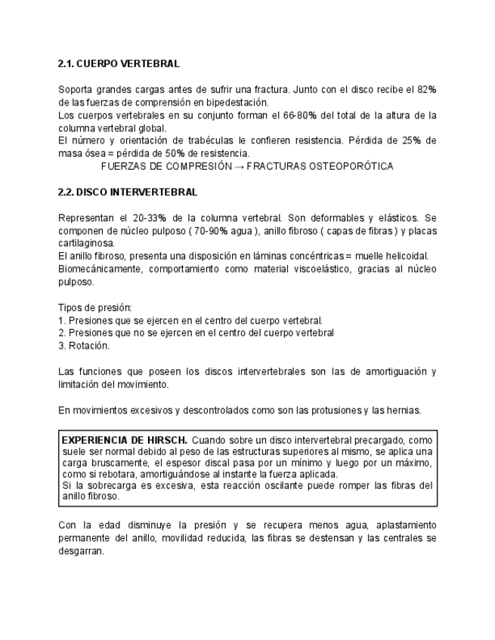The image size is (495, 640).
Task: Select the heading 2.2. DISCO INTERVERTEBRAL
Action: click(128, 192)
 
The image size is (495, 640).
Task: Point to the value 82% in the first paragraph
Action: click(426, 90)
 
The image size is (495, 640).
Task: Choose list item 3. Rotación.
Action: click(84, 346)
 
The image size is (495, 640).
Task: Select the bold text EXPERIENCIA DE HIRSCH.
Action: click(124, 439)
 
